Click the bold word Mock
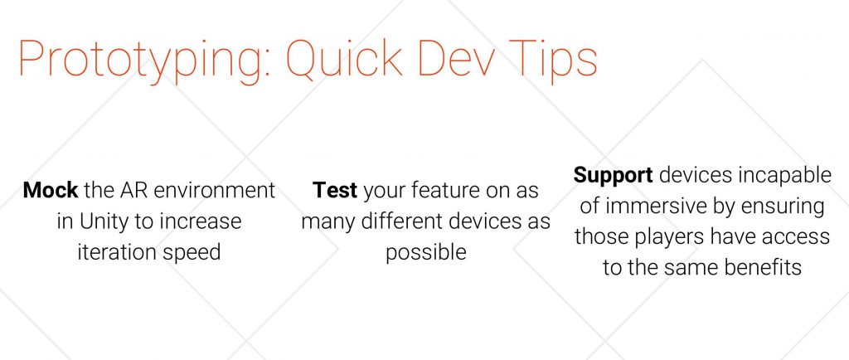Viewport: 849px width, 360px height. [x=51, y=191]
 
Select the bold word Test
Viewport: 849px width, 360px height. [x=335, y=191]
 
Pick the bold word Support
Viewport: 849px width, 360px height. [x=613, y=175]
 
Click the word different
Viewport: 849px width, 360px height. [x=402, y=221]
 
